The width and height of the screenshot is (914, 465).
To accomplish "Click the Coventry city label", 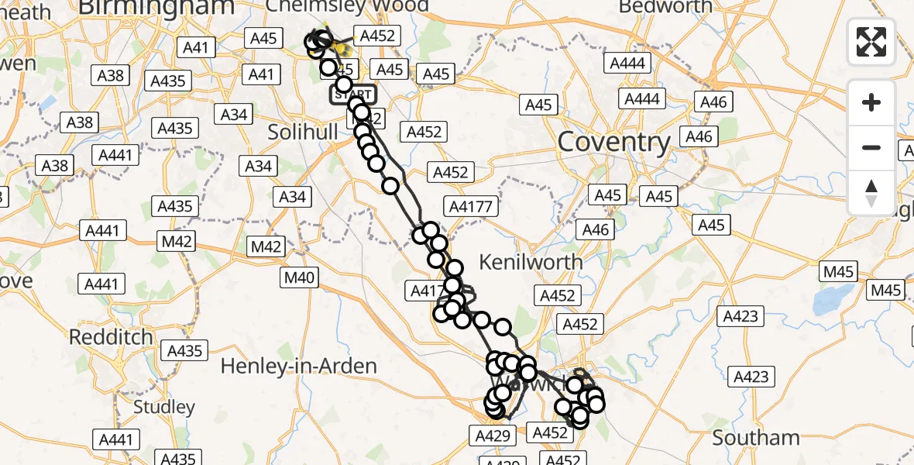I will click(613, 142).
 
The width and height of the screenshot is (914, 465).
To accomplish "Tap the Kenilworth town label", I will click(531, 262).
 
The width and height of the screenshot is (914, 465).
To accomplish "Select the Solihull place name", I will click(303, 132).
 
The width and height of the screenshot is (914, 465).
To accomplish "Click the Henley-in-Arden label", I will click(299, 366).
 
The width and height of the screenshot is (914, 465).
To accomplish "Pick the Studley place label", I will click(164, 407).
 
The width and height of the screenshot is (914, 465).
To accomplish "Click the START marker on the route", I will click(353, 95).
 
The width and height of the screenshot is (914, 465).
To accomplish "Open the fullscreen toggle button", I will click(871, 42).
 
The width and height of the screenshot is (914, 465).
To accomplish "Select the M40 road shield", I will click(300, 277).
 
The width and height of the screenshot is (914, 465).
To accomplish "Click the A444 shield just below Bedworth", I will click(628, 64).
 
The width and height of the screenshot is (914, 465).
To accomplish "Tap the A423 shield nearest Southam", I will click(751, 377).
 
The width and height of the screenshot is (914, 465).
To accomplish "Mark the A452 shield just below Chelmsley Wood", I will click(377, 36).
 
